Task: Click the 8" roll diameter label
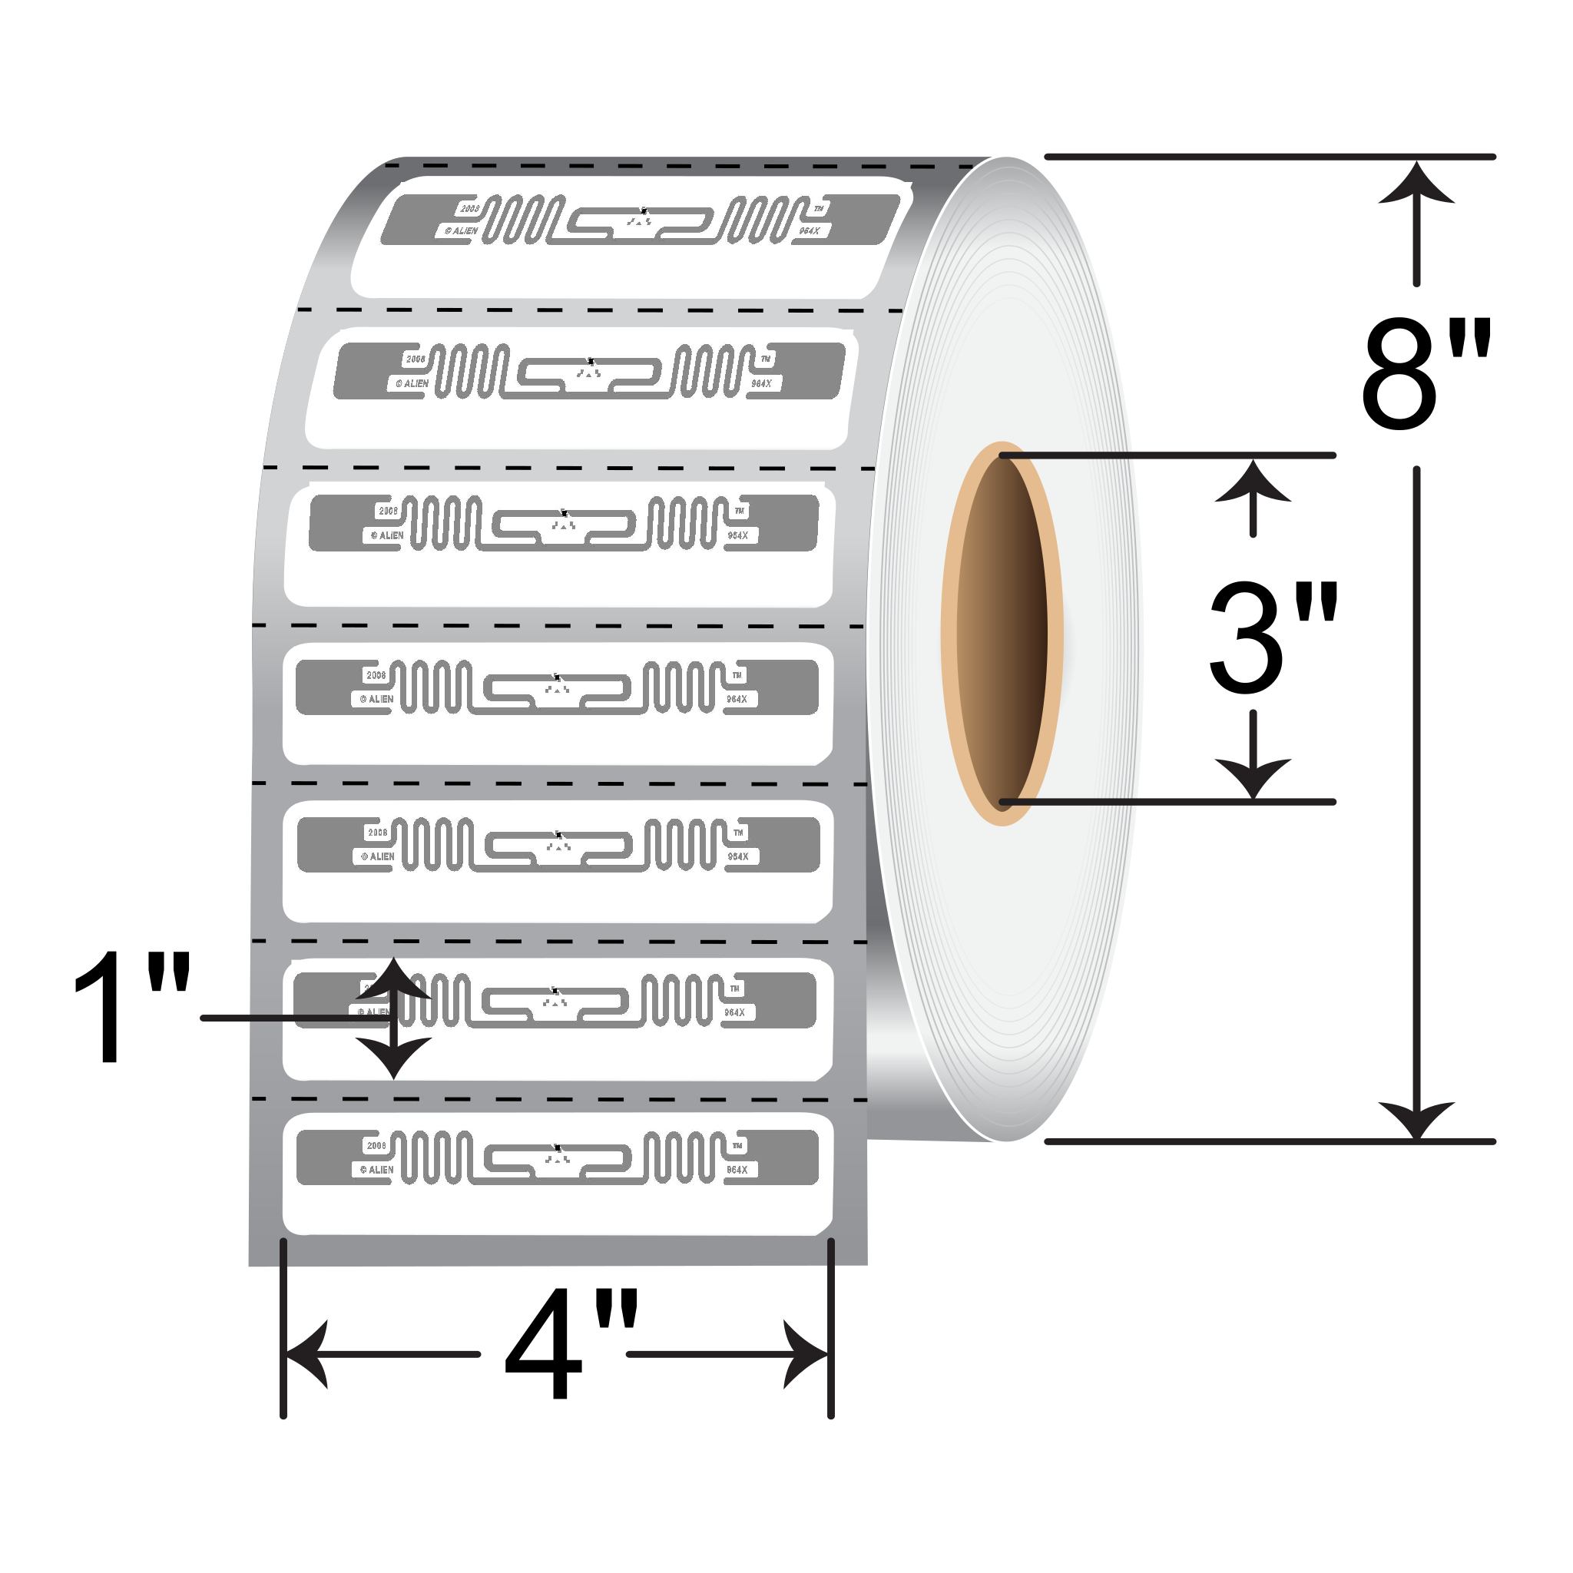1425,375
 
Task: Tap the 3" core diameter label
1272,639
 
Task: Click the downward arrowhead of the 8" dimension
1416,1120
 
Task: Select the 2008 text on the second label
416,359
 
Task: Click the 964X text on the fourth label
737,700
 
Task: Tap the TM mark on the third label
740,512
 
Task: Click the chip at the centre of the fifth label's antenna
558,836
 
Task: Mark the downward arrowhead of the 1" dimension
394,1058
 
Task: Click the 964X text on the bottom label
737,1170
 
